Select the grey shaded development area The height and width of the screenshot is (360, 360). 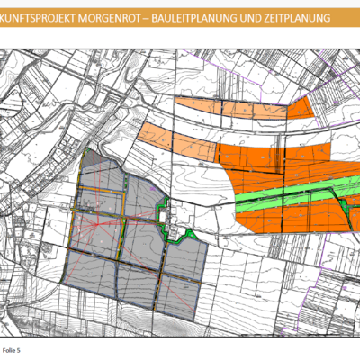click(x=135, y=261)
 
